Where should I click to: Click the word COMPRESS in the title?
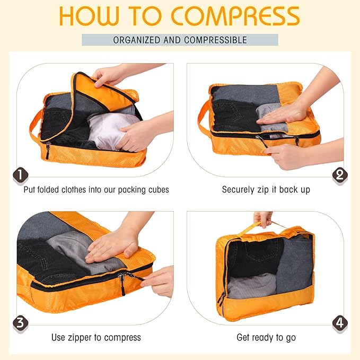click(236, 16)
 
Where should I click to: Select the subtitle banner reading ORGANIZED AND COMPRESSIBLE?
click(180, 40)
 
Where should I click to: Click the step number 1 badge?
click(20, 174)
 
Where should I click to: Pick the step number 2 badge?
click(339, 174)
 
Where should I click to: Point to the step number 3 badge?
click(20, 322)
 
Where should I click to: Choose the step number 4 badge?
click(339, 322)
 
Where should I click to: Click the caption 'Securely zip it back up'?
click(266, 189)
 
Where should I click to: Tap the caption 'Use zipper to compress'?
click(96, 337)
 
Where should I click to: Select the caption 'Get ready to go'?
click(266, 337)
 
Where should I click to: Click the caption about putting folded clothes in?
click(96, 189)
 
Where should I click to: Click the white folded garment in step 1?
click(106, 130)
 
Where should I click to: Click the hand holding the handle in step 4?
click(263, 218)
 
